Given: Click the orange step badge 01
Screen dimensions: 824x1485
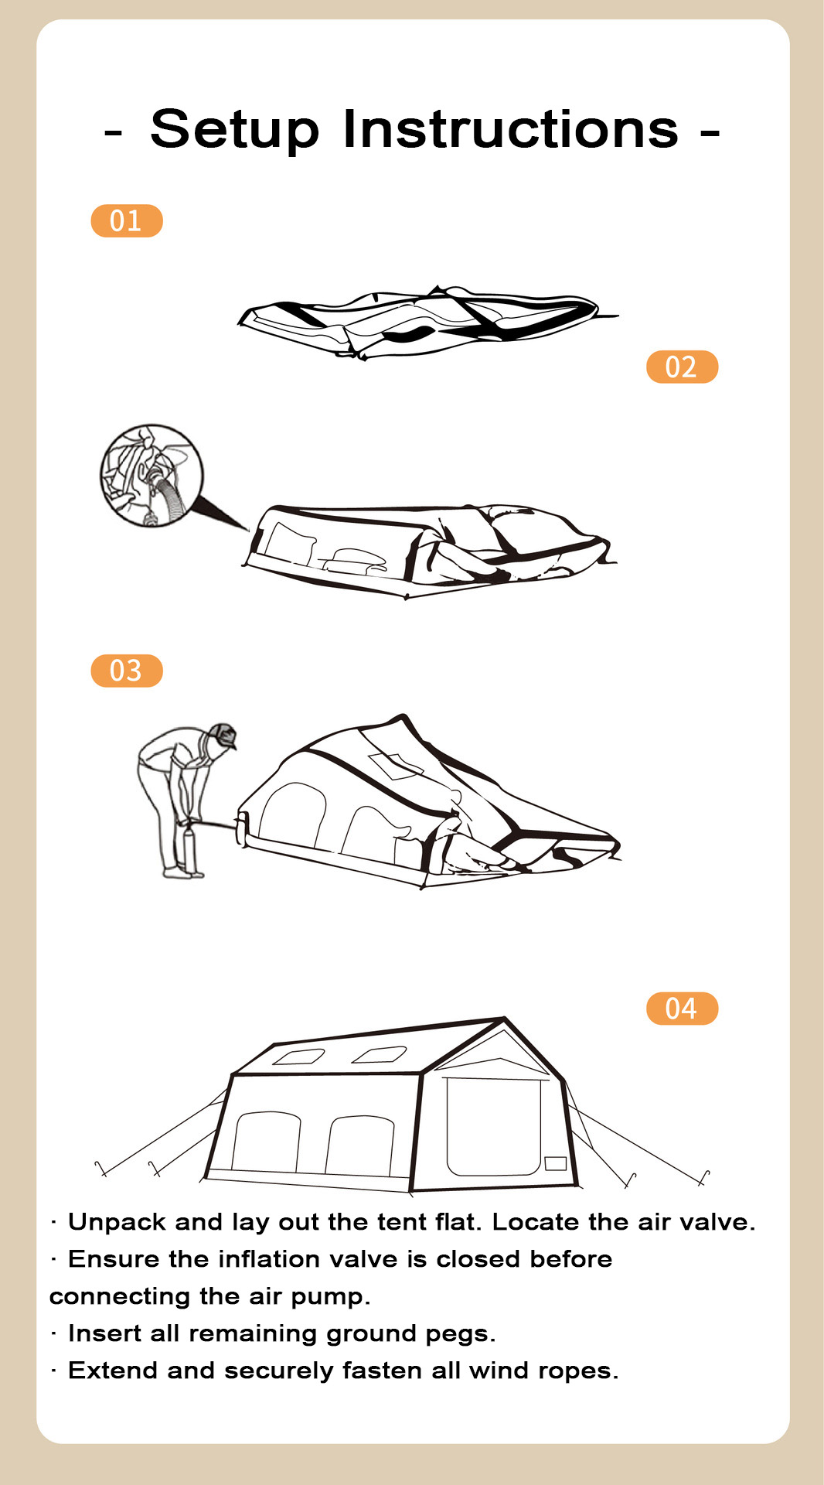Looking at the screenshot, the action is (127, 221).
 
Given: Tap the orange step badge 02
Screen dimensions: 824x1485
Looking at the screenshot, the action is (682, 367).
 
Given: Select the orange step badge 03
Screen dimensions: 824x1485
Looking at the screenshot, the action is (127, 671).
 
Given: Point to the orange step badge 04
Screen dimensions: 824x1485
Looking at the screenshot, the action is (682, 1009).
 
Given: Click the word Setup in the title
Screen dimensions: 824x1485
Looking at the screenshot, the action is (234, 129).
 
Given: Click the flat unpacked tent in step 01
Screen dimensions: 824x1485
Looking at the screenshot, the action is (427, 322).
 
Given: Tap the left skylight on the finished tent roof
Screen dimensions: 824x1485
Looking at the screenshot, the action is (299, 1057).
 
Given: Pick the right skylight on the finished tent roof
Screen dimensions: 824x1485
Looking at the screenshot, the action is (380, 1054).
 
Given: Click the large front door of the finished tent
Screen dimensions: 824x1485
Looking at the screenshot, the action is (493, 1127).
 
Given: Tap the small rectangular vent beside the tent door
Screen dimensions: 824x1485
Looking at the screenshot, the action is (556, 1163).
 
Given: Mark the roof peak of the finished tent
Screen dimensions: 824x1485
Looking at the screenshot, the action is (504, 1019).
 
